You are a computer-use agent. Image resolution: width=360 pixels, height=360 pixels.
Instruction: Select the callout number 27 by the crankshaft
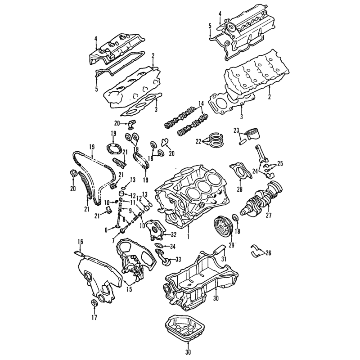[x=269, y=216]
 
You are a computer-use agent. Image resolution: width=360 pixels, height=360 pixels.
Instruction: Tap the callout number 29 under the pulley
[x=231, y=245]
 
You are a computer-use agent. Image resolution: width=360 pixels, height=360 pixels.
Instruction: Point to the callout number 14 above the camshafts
[x=201, y=103]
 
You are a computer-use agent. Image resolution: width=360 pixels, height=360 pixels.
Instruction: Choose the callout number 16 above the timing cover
[x=80, y=242]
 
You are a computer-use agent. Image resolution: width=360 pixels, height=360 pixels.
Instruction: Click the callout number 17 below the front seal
[x=94, y=318]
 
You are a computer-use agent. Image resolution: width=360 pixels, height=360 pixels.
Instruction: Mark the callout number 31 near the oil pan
[x=224, y=259]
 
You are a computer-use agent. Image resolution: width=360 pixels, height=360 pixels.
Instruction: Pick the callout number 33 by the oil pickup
[x=178, y=260]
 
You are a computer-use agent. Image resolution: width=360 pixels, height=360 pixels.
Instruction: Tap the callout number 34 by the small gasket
[x=172, y=247]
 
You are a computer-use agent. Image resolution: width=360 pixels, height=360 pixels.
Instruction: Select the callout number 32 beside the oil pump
[x=173, y=235]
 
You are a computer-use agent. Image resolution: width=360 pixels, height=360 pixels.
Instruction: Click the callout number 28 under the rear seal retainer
[x=240, y=189]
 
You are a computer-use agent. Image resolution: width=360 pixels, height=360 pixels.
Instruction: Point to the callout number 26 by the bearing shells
[x=268, y=253]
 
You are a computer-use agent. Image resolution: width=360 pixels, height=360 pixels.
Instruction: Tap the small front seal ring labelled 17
[x=94, y=303]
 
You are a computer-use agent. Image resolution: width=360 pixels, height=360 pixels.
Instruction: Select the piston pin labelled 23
[x=241, y=142]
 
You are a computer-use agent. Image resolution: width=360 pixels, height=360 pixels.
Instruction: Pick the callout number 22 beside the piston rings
[x=198, y=142]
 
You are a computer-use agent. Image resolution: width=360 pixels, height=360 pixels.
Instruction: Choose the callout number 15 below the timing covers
[x=129, y=289]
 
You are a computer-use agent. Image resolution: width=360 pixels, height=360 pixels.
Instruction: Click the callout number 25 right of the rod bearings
[x=280, y=164]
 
